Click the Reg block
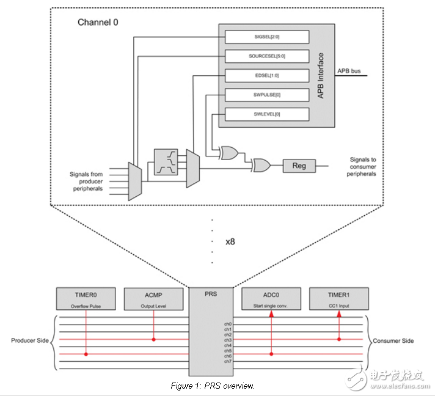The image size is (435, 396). [x=298, y=166]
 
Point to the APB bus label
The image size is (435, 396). [x=349, y=71]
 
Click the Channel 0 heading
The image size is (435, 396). [x=97, y=23]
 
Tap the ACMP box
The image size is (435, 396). [x=153, y=298]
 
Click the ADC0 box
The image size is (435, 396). [x=271, y=298]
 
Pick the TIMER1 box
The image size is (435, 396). [x=338, y=298]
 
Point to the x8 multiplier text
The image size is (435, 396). [x=230, y=241]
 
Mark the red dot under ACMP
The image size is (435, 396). [x=153, y=339]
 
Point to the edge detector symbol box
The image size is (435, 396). [x=167, y=161]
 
